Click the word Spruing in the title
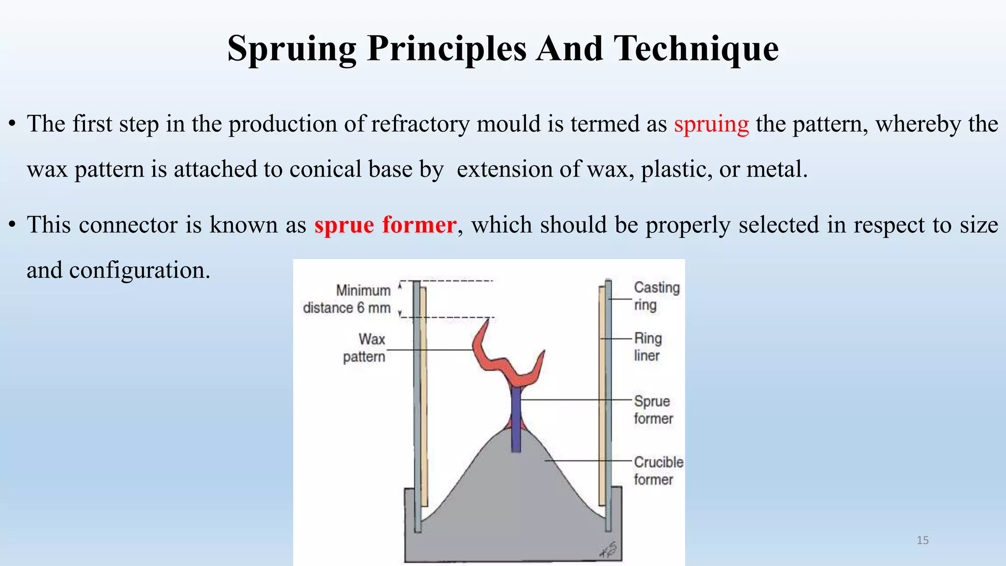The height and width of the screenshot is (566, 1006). coord(292,49)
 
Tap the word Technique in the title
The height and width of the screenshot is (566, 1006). coord(697,49)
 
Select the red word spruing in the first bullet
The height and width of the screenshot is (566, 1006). coord(711,124)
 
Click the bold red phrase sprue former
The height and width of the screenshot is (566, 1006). coord(386,225)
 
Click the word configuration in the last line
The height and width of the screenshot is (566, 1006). coord(140,270)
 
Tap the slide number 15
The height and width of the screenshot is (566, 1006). coord(922,540)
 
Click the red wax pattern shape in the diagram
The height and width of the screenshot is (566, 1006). coord(491,361)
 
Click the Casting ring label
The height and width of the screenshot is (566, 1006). coord(656,296)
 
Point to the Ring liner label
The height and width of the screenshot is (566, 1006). coord(647,347)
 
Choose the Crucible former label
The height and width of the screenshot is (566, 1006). coord(657,471)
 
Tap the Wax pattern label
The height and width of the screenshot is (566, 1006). coord(364,348)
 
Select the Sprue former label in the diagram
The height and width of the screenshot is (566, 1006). coord(652,410)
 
